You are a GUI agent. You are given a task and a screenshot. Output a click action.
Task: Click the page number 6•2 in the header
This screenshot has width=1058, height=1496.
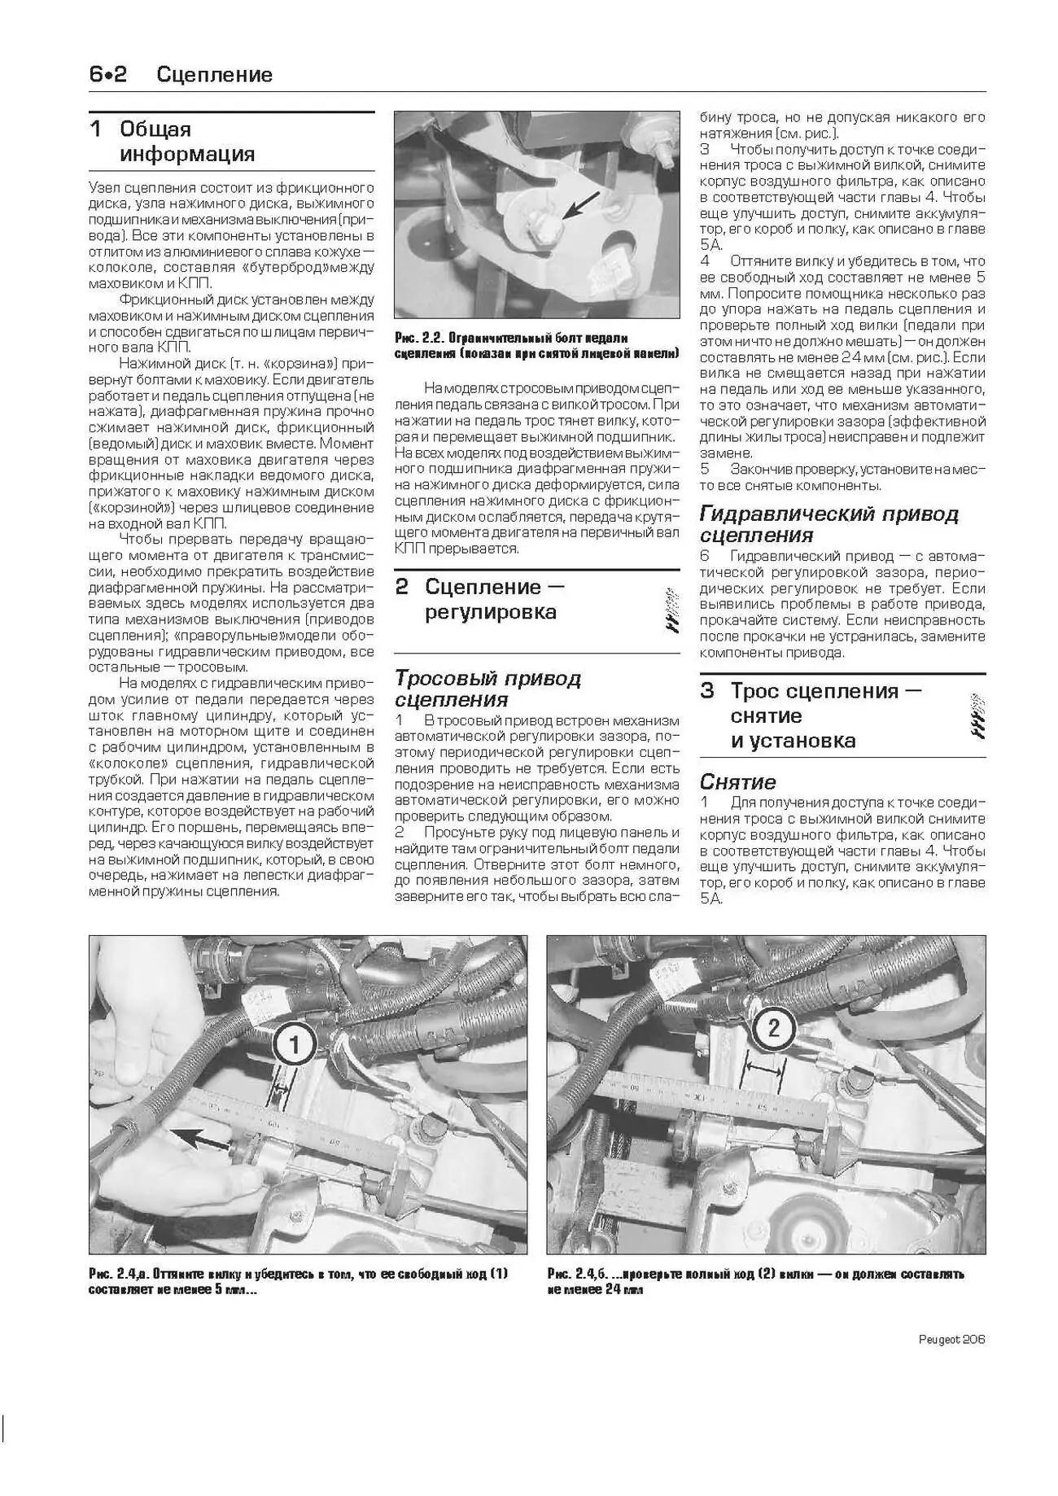point(108,75)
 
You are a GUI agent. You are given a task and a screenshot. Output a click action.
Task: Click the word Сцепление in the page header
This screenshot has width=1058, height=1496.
point(214,75)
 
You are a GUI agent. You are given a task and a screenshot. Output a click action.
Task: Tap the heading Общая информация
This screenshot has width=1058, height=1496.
point(186,142)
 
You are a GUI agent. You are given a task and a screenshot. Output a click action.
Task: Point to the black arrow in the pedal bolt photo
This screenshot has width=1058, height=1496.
point(582,204)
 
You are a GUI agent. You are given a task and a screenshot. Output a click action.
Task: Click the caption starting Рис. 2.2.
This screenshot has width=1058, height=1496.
point(535,345)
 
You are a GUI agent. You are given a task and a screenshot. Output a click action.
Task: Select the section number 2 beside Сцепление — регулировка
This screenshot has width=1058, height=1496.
point(402,587)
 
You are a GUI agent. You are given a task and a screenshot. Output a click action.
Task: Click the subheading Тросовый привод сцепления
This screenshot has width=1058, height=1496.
point(487,689)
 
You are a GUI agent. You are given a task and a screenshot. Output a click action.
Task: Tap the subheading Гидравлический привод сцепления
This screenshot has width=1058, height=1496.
point(828,524)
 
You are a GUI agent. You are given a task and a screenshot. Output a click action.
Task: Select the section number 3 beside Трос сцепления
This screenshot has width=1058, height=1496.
point(707,691)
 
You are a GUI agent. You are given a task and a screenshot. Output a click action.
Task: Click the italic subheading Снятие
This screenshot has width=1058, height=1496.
point(737,781)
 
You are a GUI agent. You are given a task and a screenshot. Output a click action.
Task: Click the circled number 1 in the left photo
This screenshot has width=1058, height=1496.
point(295,1043)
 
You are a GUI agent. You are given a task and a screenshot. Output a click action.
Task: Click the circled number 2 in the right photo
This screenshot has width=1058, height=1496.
point(772,1026)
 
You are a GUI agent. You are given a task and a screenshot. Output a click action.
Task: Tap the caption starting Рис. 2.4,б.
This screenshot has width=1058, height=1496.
point(755,1281)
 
